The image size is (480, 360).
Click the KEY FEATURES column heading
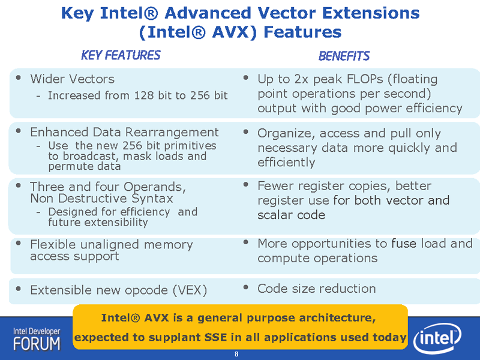pyautogui.click(x=121, y=55)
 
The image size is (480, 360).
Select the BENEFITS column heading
pyautogui.click(x=344, y=56)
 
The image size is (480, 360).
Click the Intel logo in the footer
pyautogui.click(x=437, y=338)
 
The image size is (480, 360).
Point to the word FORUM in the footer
pyautogui.click(x=37, y=344)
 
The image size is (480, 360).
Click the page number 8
pyautogui.click(x=236, y=354)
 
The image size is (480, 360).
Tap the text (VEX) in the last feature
pyautogui.click(x=190, y=290)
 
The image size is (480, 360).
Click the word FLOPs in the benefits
pyautogui.click(x=365, y=79)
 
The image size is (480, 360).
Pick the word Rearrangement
pyautogui.click(x=172, y=133)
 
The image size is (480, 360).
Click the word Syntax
pyautogui.click(x=152, y=199)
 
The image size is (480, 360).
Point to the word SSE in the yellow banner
pyautogui.click(x=215, y=337)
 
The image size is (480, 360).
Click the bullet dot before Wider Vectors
pyautogui.click(x=19, y=78)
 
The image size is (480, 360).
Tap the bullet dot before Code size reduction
pyautogui.click(x=245, y=287)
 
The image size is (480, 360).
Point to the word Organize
pyautogui.click(x=286, y=133)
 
